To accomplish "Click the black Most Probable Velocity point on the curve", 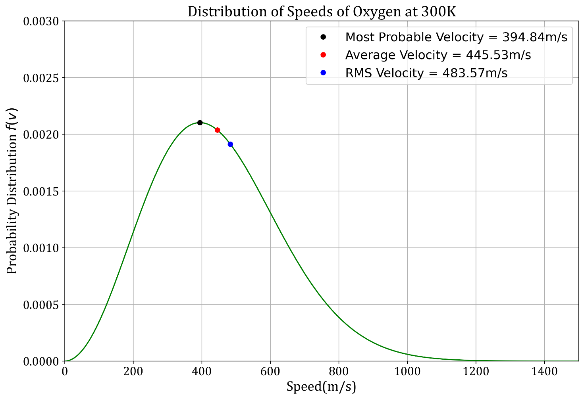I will pyautogui.click(x=200, y=123).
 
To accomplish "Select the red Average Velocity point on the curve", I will pyautogui.click(x=217, y=130).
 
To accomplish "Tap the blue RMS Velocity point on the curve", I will pyautogui.click(x=230, y=144).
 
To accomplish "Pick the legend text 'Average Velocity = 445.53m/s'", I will pyautogui.click(x=438, y=55).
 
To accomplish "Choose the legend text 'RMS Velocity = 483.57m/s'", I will pyautogui.click(x=426, y=73).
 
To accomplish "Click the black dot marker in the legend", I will pyautogui.click(x=323, y=37).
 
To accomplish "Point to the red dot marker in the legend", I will pyautogui.click(x=323, y=55).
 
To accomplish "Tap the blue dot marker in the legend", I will pyautogui.click(x=323, y=73).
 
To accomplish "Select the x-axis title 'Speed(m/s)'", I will pyautogui.click(x=321, y=387).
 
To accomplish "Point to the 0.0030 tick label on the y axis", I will pyautogui.click(x=41, y=21).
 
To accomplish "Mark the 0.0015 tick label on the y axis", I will pyautogui.click(x=41, y=191).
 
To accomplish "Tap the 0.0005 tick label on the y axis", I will pyautogui.click(x=41, y=305).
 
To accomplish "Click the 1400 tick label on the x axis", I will pyautogui.click(x=544, y=371).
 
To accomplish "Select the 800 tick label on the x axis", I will pyautogui.click(x=339, y=371).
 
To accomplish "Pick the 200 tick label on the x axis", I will pyautogui.click(x=133, y=371).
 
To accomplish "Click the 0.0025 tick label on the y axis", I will pyautogui.click(x=41, y=78).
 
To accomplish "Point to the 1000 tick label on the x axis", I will pyautogui.click(x=407, y=371).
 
